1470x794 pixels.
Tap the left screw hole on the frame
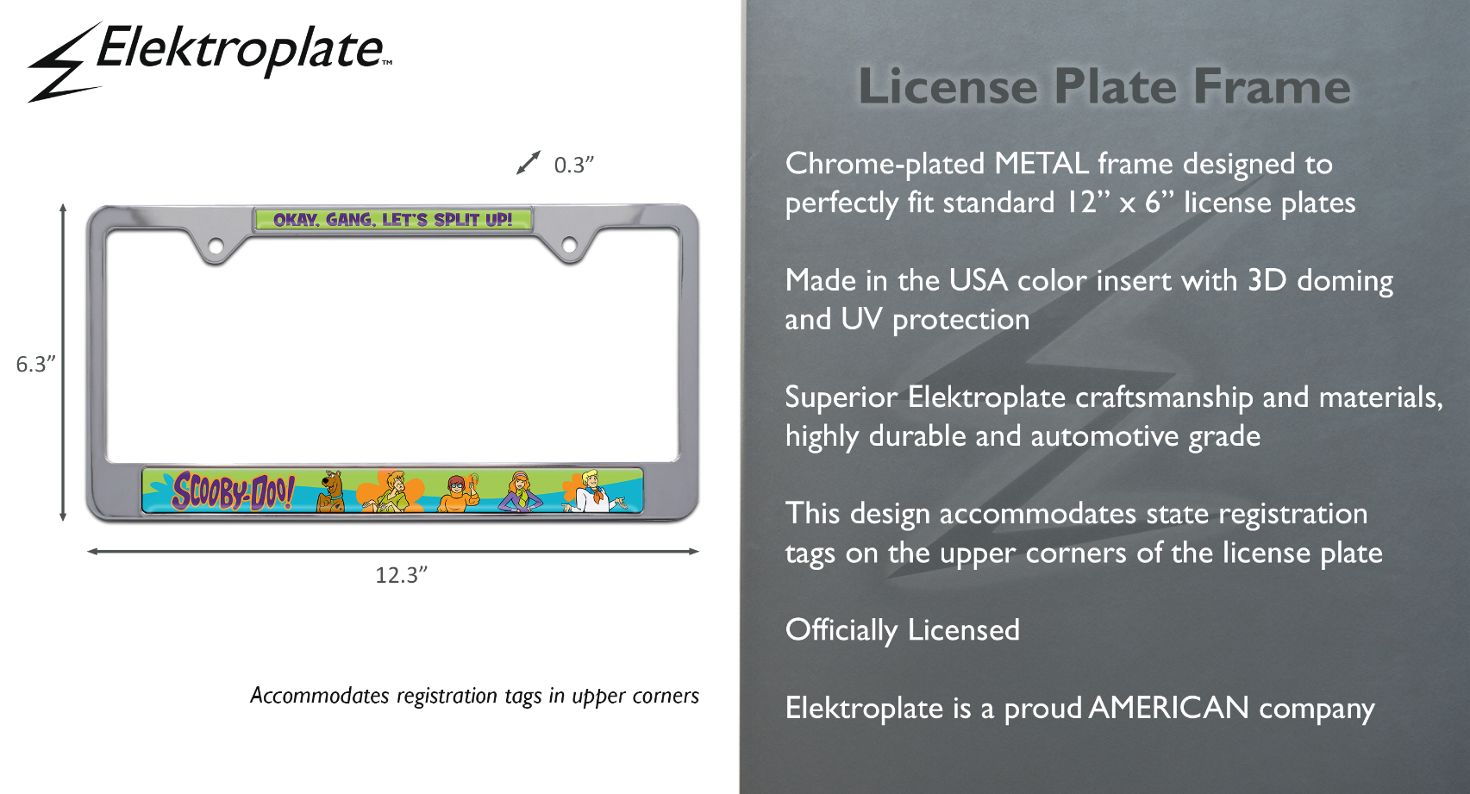coord(216,247)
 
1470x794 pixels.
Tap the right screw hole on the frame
coord(569,246)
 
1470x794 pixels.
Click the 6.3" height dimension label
coord(35,364)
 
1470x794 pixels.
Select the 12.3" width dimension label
coord(401,575)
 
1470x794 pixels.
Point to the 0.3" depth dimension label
coord(573,165)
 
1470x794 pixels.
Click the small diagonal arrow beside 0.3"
coord(529,163)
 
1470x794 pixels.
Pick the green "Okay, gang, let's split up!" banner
coord(393,219)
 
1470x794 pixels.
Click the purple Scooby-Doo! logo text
coord(233,491)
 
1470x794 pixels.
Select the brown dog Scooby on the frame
coord(331,491)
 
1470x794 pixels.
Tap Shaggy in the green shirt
coord(391,491)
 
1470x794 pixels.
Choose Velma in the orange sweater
coord(459,492)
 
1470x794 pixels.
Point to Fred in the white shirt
coord(595,491)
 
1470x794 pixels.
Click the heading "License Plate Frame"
coord(1104,86)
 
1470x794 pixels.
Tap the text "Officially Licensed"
coord(903,630)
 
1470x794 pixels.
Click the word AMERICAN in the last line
coord(1169,708)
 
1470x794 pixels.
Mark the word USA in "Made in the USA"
coord(979,281)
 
